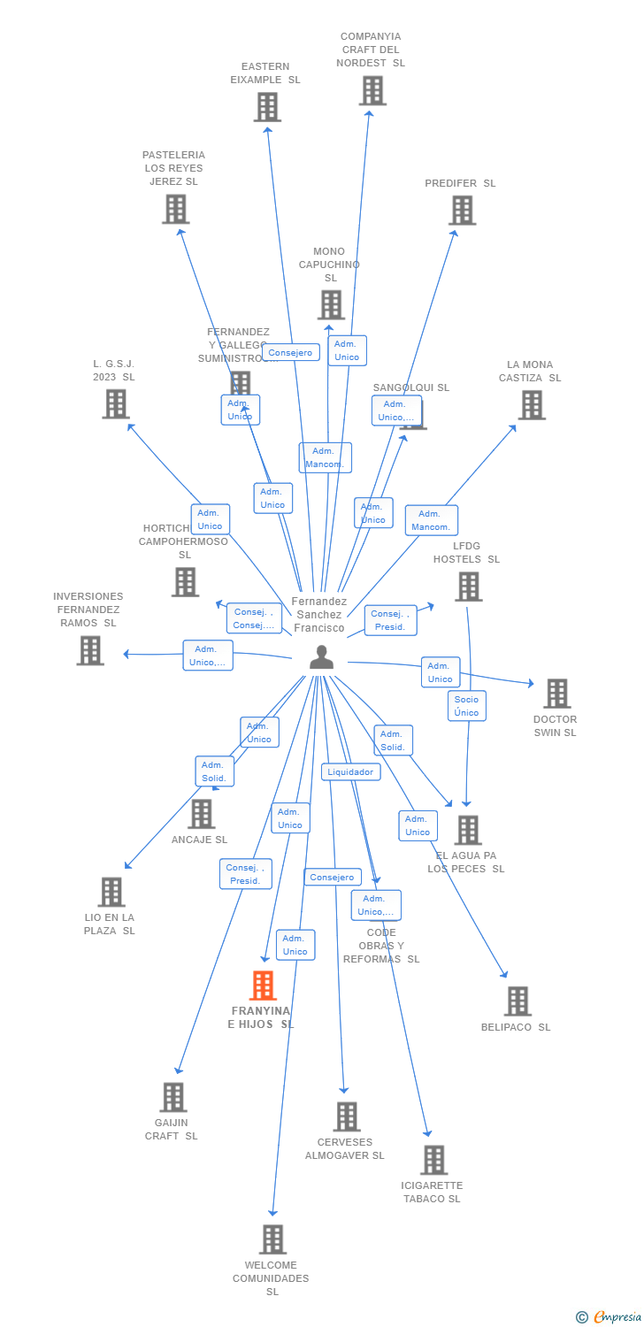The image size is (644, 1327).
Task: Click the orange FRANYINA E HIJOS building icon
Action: pos(263,986)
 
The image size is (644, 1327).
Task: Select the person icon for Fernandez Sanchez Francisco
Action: pos(321,657)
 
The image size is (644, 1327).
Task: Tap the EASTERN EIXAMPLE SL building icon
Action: pos(266,107)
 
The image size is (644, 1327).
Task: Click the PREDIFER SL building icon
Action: pos(462,211)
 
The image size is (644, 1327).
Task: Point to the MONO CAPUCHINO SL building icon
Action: pos(330,305)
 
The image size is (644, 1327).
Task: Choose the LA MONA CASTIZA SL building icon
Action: pos(531,405)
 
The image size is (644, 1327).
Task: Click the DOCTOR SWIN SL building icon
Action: pos(556,694)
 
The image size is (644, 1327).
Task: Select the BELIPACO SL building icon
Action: pos(517,1001)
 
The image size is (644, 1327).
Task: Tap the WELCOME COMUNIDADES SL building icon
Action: pos(272,1239)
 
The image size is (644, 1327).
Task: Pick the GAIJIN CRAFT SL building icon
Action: pos(172,1097)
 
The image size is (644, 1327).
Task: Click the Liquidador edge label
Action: pos(350,772)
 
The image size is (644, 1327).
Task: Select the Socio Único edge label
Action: pos(466,706)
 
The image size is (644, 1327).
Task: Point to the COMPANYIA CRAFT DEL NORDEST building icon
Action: pos(372,90)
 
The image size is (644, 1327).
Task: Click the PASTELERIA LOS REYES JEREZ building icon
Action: pos(175,210)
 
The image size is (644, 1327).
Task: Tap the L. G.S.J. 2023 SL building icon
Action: pos(115,404)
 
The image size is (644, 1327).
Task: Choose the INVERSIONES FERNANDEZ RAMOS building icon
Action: pos(89,650)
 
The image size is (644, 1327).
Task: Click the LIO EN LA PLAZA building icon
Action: pos(111,892)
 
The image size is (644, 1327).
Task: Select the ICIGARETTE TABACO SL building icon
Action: pos(433,1160)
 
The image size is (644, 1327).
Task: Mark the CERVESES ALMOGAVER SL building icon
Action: pos(347,1116)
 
